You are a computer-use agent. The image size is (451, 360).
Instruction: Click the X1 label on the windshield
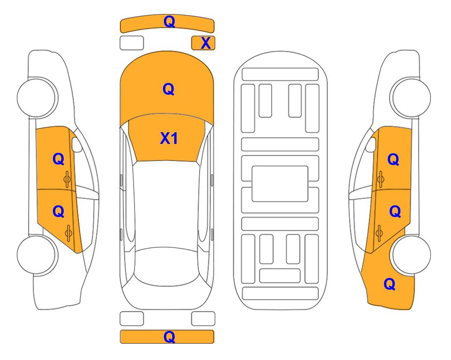(x=169, y=138)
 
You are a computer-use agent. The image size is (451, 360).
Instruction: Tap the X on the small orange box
(x=206, y=43)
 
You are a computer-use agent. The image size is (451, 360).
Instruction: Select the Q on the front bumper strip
(x=169, y=22)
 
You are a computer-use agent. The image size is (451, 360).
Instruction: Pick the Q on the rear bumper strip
(x=169, y=337)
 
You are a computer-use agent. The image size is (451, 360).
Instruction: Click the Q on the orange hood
(x=169, y=89)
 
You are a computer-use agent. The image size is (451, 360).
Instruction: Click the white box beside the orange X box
(x=132, y=43)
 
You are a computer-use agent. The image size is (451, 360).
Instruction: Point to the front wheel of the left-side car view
(x=37, y=97)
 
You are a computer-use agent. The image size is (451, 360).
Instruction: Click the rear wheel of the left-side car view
(x=37, y=255)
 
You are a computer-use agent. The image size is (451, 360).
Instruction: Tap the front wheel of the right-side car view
(x=410, y=97)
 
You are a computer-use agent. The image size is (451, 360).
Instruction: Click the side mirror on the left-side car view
(x=77, y=144)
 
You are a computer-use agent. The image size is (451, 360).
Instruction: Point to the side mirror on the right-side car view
(x=371, y=144)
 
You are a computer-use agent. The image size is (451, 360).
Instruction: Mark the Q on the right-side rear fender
(x=390, y=284)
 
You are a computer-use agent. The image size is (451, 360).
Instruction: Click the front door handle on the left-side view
(x=67, y=179)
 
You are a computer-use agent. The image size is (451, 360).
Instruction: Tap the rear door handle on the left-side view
(x=68, y=233)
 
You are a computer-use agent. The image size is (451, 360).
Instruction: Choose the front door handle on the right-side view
(x=380, y=179)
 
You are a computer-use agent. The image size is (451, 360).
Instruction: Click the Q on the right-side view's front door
(x=393, y=159)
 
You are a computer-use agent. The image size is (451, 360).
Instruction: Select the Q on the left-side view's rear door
(x=59, y=212)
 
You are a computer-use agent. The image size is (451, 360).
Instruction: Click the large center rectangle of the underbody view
(x=280, y=184)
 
